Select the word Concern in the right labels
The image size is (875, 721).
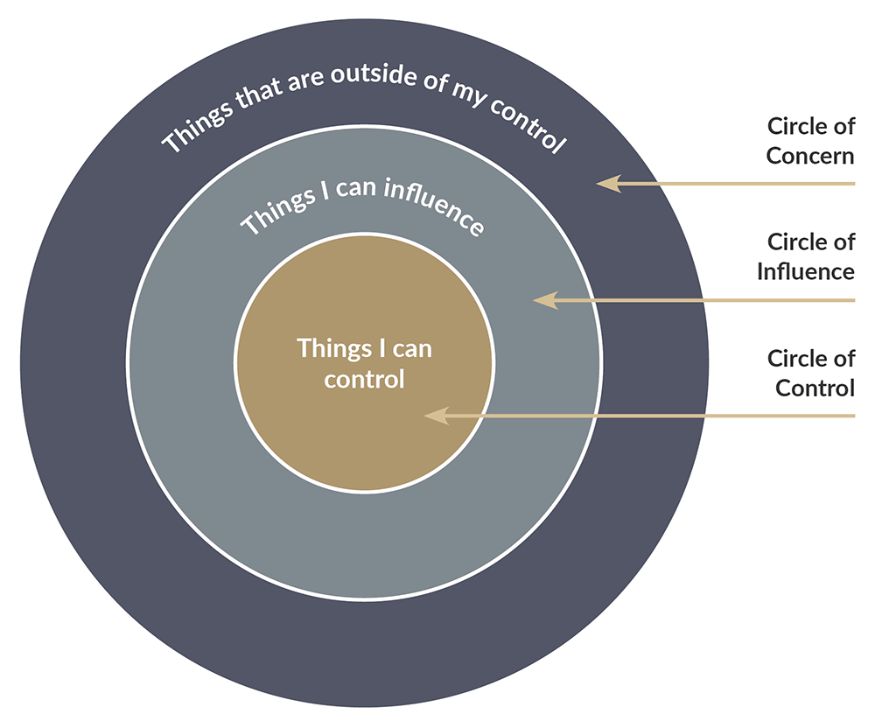pyautogui.click(x=810, y=157)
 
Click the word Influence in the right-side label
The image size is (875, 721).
pyautogui.click(x=805, y=271)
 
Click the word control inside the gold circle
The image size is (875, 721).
pyautogui.click(x=364, y=379)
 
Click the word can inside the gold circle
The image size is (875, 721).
pyautogui.click(x=410, y=348)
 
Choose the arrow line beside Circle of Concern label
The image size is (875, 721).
pyautogui.click(x=744, y=184)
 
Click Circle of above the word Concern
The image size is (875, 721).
pyautogui.click(x=810, y=126)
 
